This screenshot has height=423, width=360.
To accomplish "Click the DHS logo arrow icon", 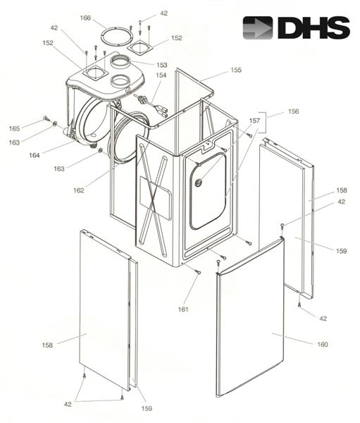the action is click(258, 27).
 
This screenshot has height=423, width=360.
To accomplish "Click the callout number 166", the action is click(85, 18).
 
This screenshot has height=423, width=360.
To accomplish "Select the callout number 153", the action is click(162, 65).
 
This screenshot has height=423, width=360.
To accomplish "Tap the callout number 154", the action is click(161, 75).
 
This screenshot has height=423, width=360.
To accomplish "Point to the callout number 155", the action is click(236, 70).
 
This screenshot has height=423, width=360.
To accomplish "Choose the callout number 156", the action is click(293, 111).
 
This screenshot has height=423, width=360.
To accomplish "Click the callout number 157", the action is click(254, 121).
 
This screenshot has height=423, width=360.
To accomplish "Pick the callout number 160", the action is click(323, 345).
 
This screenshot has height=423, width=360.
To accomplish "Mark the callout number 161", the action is click(183, 309).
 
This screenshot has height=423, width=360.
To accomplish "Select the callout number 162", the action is click(79, 190).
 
